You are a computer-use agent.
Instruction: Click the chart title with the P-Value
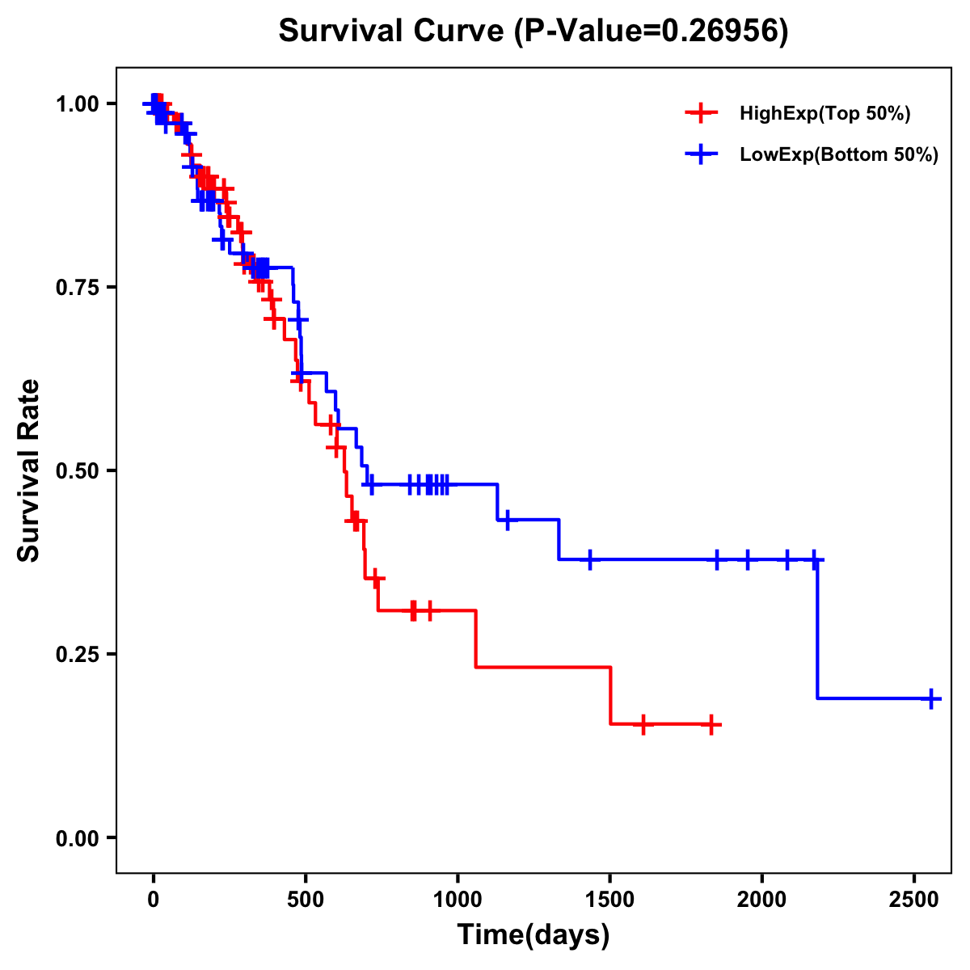(x=533, y=32)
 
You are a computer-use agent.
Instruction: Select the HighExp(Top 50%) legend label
(x=824, y=114)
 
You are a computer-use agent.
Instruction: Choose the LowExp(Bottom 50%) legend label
(x=839, y=155)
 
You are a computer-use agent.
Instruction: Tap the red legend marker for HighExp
(x=701, y=113)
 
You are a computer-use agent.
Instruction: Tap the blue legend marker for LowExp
(x=701, y=154)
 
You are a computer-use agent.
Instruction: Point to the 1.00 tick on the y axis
(x=77, y=104)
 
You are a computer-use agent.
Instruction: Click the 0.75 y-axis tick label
(x=77, y=288)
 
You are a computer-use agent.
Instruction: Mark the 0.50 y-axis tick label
(x=77, y=471)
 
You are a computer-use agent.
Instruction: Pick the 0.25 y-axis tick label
(x=77, y=655)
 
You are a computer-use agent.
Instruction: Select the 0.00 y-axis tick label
(x=77, y=838)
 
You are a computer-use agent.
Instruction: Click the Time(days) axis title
(x=533, y=935)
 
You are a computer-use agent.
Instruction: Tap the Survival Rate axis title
(x=29, y=470)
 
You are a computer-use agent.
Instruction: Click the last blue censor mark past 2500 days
(x=931, y=698)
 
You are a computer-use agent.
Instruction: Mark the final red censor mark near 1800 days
(x=711, y=724)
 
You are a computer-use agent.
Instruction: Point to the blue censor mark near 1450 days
(x=590, y=559)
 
